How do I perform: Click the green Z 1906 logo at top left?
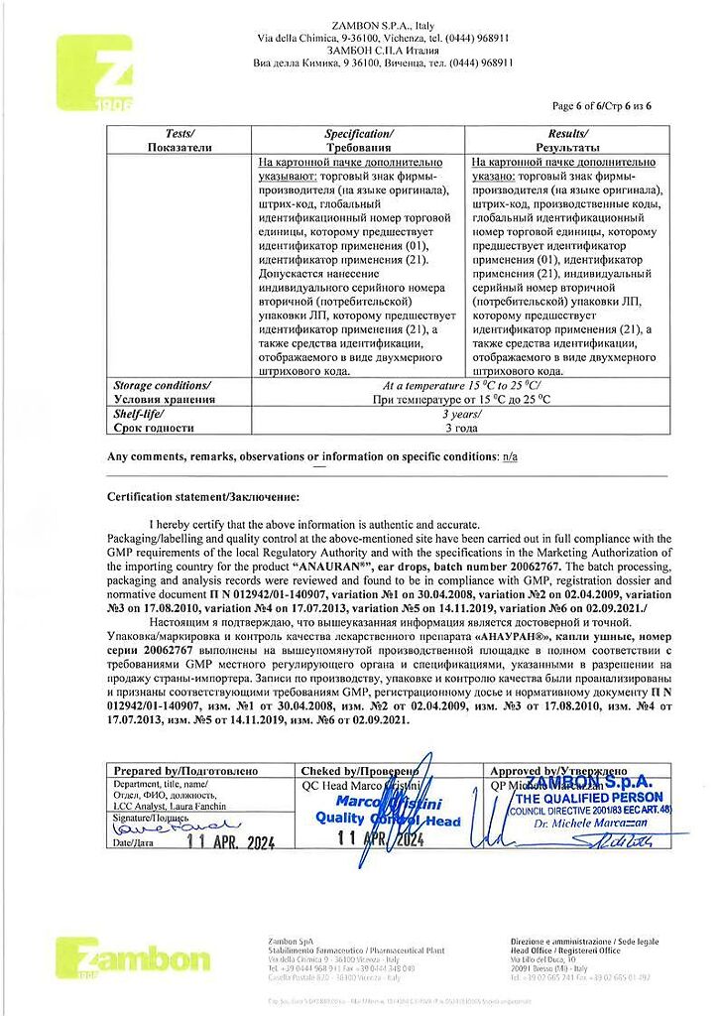click(x=94, y=72)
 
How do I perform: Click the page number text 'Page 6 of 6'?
click(x=580, y=106)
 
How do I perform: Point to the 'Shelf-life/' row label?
click(x=139, y=414)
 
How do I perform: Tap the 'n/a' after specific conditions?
click(x=510, y=456)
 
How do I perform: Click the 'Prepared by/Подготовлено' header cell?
click(x=185, y=771)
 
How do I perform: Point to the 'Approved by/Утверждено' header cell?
click(x=559, y=771)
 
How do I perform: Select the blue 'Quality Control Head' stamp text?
click(x=388, y=820)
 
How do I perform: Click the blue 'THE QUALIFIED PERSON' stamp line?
click(x=589, y=798)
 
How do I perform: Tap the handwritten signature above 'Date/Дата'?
click(x=172, y=825)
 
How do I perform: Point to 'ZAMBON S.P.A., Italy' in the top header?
click(x=383, y=25)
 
